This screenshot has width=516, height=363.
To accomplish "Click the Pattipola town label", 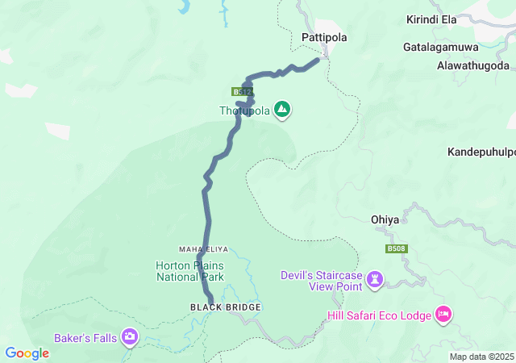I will click(322, 37).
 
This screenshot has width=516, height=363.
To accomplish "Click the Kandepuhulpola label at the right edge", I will click(481, 152).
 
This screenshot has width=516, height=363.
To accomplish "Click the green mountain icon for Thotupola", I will click(282, 110).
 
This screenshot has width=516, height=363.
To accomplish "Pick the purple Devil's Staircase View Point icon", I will click(374, 280).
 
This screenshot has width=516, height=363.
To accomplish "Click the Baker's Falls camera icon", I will click(130, 336).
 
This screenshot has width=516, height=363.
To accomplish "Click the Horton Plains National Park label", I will click(189, 270).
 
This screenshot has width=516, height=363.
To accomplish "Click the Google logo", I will click(27, 353).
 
